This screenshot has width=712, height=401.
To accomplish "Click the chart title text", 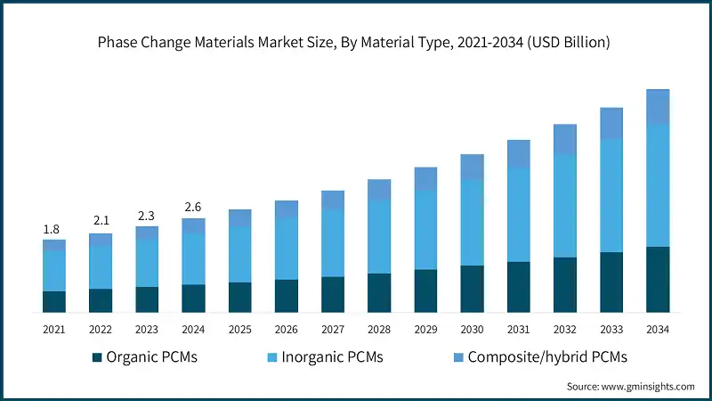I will point(356,42).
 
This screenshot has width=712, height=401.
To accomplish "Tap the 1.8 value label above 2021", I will point(53,230).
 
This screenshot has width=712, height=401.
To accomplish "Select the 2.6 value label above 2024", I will point(193,208).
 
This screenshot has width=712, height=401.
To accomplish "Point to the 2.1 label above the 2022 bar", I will point(101,221).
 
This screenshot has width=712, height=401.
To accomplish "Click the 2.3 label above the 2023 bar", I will point(147,215).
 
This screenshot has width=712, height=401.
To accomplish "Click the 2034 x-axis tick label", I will point(658,330).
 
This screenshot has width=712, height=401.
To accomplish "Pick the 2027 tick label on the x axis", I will point(333,330).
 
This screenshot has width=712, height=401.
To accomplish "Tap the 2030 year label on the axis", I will point(472,330).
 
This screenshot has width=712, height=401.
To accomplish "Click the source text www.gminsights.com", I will point(631,387).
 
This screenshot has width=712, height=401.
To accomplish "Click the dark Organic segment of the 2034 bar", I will point(658,280).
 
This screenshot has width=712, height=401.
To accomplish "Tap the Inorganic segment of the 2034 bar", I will point(658,185).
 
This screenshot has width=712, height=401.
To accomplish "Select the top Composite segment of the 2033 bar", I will point(611,123).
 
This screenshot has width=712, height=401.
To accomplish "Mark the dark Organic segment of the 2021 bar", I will point(54,302).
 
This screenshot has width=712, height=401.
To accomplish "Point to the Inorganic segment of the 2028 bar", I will point(379,236).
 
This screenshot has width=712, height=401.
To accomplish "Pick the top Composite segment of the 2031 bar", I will point(519,153).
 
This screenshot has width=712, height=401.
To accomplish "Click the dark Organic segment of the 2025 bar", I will point(239,298).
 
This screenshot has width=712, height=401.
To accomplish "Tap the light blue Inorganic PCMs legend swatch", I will point(273,358).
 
